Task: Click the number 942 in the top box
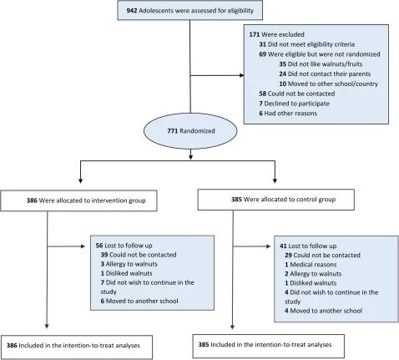tap(132, 11)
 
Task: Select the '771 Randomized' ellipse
tap(190, 131)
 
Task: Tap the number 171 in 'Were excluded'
tap(255, 34)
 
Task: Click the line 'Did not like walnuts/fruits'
tap(321, 64)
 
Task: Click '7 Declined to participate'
tap(294, 104)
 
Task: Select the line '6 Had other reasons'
tap(288, 114)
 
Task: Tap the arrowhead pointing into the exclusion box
tap(241, 75)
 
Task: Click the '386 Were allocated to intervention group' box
tap(78, 200)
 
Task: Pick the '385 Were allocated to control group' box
tap(276, 200)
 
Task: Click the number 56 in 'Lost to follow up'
tap(99, 246)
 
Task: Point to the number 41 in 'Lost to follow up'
tap(283, 246)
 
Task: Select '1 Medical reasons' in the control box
tap(311, 265)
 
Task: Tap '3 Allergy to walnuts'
tap(129, 264)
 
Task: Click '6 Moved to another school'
tap(139, 301)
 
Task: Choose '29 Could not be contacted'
tap(322, 256)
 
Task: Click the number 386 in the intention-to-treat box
tap(12, 346)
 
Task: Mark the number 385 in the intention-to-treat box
tap(204, 345)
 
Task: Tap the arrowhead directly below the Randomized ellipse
tap(190, 157)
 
